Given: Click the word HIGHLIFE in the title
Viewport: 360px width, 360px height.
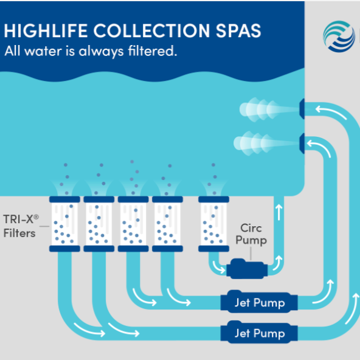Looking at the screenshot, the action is click(46, 30).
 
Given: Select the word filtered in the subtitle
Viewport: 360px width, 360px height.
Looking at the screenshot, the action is click(153, 50).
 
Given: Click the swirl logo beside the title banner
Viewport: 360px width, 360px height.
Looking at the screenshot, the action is click(339, 36).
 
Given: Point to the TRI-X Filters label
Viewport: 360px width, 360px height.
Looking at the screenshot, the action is click(21, 226).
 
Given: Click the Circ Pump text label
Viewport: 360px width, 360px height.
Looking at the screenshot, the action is click(251, 234).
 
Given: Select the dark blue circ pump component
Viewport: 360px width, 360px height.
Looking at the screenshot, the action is click(247, 269).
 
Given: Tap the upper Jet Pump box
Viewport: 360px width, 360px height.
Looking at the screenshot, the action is click(259, 302).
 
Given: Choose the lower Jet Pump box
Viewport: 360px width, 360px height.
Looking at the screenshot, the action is click(259, 333).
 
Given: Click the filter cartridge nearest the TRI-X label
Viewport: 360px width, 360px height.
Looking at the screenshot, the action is click(64, 224).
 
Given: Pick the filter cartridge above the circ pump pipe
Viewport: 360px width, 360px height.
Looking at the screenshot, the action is click(214, 224).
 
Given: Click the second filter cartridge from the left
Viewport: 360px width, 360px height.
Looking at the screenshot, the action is click(99, 224).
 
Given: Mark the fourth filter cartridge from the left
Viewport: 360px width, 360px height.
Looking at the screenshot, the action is click(168, 224).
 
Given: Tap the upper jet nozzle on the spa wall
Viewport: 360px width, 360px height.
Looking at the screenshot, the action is click(302, 109).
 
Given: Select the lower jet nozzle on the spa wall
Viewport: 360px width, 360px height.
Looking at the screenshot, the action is click(302, 144).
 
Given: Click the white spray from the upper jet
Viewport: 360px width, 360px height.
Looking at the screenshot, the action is click(269, 109).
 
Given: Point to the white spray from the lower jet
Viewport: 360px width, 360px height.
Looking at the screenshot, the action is click(266, 144).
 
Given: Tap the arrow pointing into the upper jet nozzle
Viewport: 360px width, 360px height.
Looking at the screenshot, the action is click(331, 111).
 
